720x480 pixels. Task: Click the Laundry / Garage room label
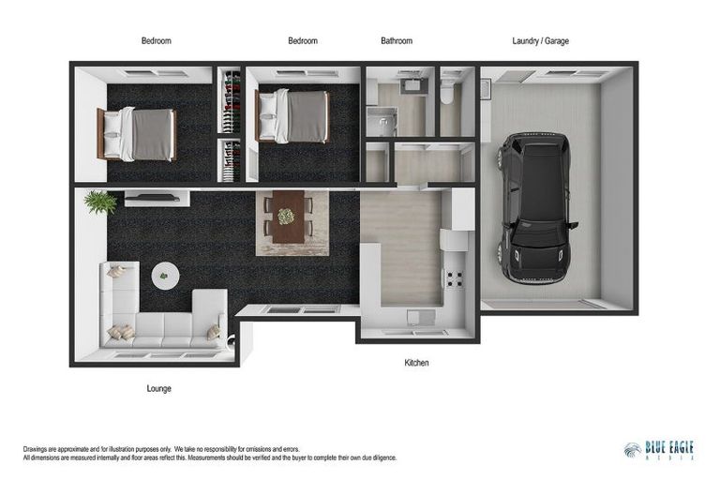(540, 41)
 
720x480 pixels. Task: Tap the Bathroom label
(397, 41)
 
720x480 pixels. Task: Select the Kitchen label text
(416, 363)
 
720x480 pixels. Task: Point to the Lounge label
(158, 388)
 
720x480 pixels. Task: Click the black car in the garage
(535, 207)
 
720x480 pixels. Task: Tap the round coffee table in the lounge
(165, 276)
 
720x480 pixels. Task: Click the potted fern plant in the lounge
(100, 202)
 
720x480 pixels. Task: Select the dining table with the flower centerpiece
(289, 217)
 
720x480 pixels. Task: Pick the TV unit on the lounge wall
(157, 199)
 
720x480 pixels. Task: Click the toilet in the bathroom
(447, 92)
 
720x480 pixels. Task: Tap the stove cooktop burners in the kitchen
(455, 278)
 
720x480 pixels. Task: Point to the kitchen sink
(421, 317)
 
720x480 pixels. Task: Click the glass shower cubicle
(382, 121)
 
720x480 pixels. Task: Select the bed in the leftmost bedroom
(137, 134)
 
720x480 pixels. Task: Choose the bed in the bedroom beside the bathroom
(293, 115)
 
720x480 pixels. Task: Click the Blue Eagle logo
(659, 450)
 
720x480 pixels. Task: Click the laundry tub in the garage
(486, 89)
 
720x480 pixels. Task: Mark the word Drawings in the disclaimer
(35, 449)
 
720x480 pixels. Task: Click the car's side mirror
(573, 225)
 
